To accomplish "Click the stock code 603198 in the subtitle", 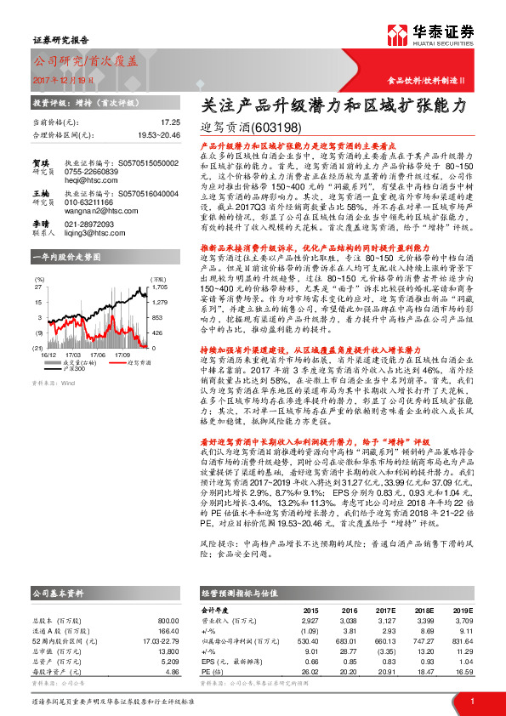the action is point(278,129).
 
